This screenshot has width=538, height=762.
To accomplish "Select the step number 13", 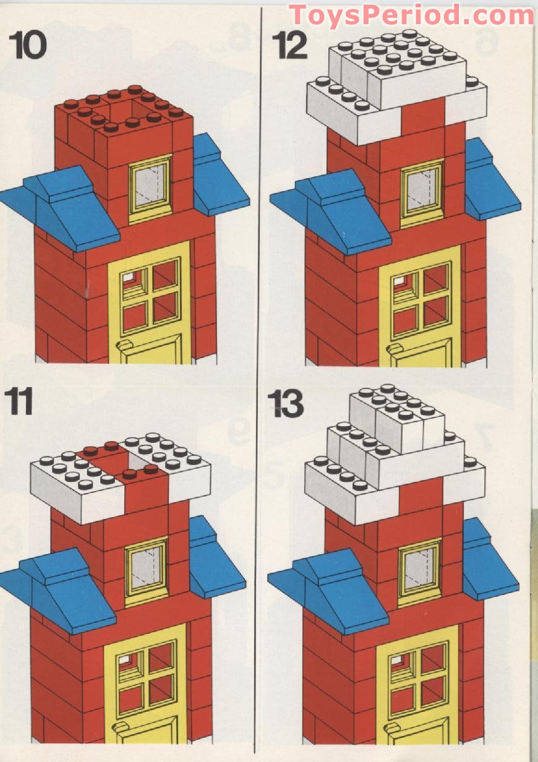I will [x=287, y=404].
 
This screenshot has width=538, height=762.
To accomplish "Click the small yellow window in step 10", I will [x=150, y=187].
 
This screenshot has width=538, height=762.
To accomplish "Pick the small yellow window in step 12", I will [x=422, y=191].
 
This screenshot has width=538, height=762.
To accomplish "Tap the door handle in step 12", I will [x=395, y=351].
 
